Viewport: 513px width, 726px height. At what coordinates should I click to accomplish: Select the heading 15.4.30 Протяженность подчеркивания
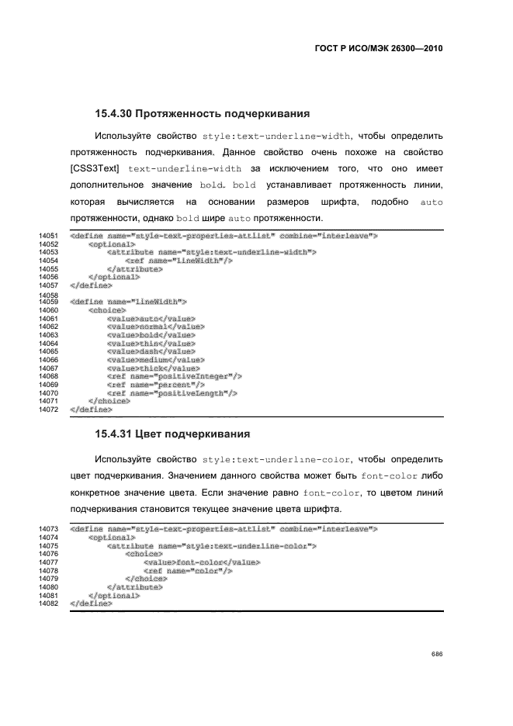point(203,112)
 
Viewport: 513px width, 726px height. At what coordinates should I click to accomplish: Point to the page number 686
point(437,654)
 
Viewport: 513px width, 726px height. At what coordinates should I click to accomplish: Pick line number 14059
point(48,301)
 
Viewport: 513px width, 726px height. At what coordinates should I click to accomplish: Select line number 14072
point(48,408)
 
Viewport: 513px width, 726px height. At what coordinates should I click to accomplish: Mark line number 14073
point(48,528)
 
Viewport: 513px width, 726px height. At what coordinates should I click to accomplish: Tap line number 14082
point(48,603)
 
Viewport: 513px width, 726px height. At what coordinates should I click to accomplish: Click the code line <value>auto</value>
point(151,318)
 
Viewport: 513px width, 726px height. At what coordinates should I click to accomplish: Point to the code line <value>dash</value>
point(151,351)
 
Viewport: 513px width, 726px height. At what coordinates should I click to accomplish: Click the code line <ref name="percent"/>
point(156,385)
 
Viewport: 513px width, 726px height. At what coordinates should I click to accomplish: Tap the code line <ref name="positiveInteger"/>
point(175,376)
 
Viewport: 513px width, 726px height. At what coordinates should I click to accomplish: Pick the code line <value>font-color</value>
point(201,562)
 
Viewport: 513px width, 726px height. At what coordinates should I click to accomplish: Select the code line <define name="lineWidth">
point(128,301)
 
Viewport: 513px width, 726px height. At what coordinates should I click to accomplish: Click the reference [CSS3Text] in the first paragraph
point(95,168)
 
